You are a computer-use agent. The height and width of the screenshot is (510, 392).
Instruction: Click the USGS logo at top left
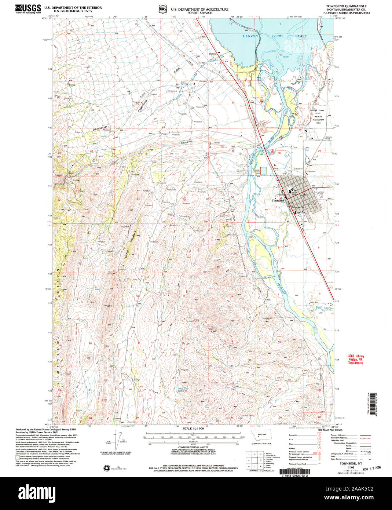click(28, 9)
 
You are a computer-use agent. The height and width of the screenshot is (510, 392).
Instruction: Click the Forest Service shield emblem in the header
click(162, 9)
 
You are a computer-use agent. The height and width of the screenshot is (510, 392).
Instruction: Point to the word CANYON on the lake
click(250, 36)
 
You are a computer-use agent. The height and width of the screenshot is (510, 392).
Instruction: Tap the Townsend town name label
click(278, 201)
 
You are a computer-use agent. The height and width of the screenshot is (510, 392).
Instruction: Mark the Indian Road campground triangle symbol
click(272, 151)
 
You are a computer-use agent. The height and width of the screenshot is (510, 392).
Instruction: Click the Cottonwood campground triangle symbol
click(261, 100)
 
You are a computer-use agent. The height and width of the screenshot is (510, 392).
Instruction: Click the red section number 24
click(233, 103)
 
